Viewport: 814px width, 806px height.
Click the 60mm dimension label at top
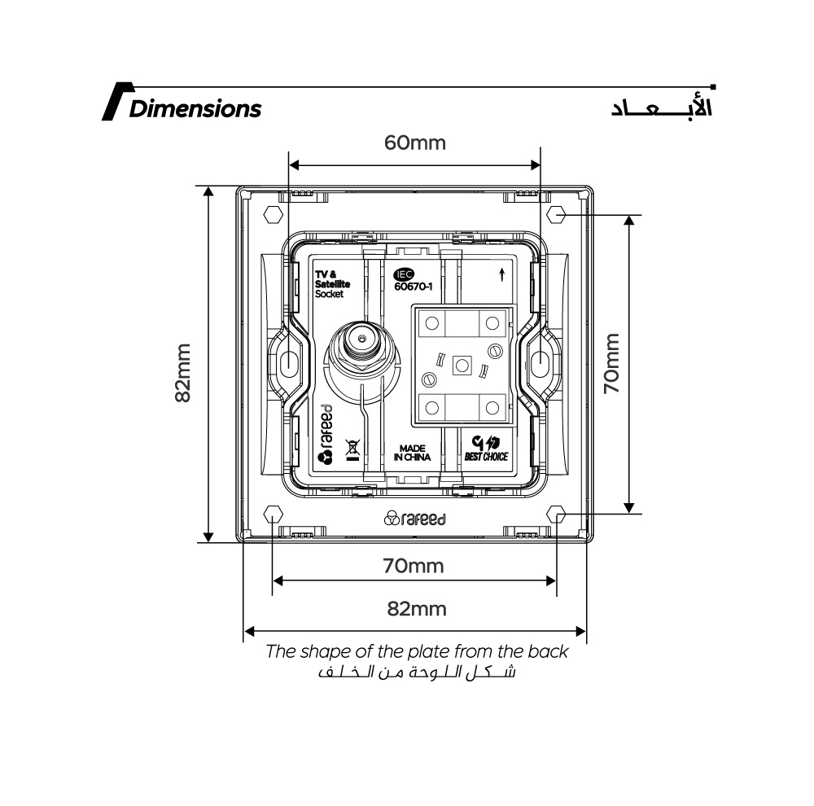click(x=415, y=143)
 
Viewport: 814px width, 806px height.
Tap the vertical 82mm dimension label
click(x=184, y=372)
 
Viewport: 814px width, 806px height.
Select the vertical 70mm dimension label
click(x=612, y=364)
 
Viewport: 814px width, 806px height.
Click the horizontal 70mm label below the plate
click(x=414, y=566)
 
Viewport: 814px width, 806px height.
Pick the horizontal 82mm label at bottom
click(x=417, y=609)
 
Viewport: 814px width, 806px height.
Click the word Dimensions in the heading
click(x=195, y=108)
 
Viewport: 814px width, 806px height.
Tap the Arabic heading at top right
click(x=661, y=108)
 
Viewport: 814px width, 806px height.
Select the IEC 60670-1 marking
click(x=412, y=281)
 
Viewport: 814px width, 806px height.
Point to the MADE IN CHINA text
click(x=412, y=453)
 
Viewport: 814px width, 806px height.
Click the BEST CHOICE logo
click(x=486, y=449)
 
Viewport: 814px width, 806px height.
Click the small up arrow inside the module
click(x=502, y=274)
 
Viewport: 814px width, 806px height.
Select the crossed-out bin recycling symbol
click(x=352, y=449)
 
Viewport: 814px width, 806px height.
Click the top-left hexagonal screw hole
click(x=274, y=215)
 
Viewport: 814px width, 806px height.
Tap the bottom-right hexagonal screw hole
click(x=557, y=515)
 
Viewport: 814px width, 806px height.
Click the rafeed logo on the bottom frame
click(x=414, y=519)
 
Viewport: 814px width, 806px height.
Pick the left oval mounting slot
click(x=289, y=364)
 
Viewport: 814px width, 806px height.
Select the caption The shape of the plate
click(x=417, y=652)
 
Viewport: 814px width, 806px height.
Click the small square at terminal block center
click(x=462, y=366)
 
